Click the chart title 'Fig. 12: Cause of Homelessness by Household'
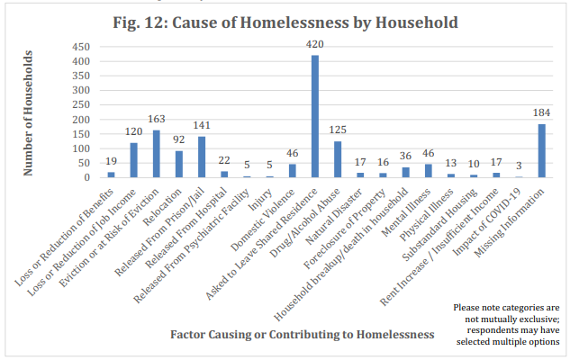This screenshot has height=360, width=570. (285, 21)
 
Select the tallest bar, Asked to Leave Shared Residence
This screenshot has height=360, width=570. (315, 116)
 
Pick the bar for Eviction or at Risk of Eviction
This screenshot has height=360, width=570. (157, 154)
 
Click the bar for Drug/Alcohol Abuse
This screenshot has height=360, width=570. (338, 159)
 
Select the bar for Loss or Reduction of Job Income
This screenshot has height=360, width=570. (134, 160)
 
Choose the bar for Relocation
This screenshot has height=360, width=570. (179, 164)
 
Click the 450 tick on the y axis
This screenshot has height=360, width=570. (81, 47)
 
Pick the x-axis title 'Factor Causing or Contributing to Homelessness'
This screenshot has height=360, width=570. (303, 334)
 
